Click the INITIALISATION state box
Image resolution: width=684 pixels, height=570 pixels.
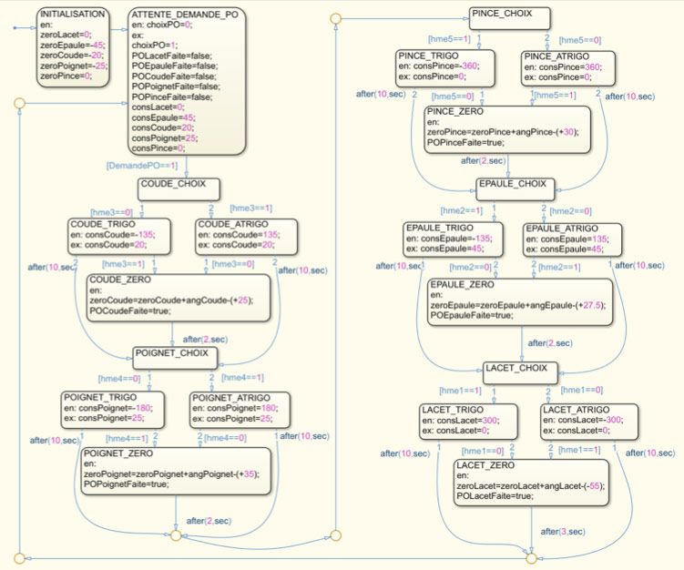pyautogui.click(x=73, y=46)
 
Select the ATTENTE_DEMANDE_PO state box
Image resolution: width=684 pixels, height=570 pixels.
pyautogui.click(x=186, y=82)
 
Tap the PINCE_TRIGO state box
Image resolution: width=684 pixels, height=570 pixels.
pyautogui.click(x=444, y=69)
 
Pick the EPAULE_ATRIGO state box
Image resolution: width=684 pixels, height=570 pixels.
pyautogui.click(x=567, y=239)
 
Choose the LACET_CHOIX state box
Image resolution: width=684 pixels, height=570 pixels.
pyautogui.click(x=516, y=370)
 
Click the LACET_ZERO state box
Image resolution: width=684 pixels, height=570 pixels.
pyautogui.click(x=531, y=480)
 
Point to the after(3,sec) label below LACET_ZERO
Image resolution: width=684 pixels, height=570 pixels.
pyautogui.click(x=562, y=532)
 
